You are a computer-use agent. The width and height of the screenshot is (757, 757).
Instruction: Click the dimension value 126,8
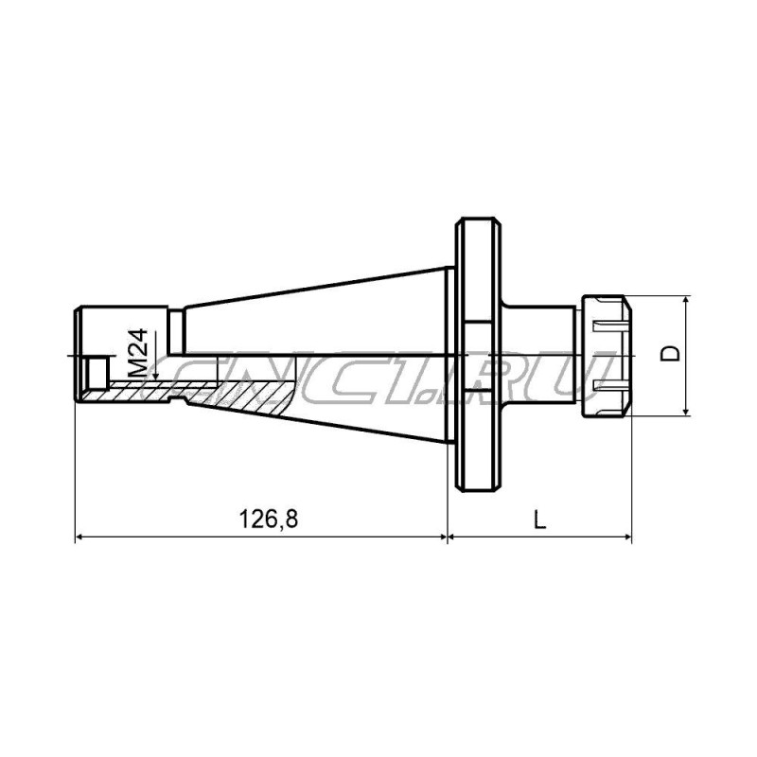259,519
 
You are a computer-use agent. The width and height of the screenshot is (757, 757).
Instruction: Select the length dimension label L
538,519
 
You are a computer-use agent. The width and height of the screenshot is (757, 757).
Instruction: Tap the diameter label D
670,355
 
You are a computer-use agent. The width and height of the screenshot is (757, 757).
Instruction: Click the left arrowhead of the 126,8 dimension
80,537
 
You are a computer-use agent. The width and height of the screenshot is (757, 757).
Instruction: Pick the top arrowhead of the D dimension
685,301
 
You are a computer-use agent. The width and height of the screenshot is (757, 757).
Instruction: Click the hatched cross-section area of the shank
237,391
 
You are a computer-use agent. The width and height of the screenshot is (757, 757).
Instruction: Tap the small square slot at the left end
93,366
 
